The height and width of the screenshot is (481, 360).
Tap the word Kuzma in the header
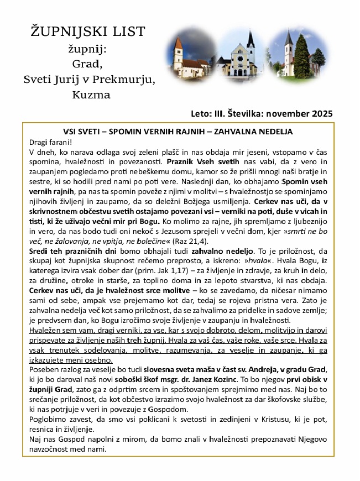[91, 94]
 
